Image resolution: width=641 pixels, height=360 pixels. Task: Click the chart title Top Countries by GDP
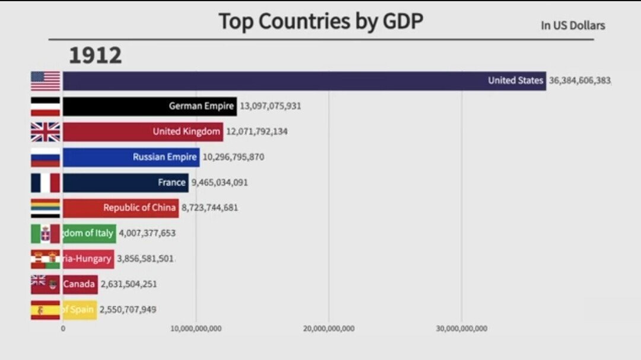click(320, 21)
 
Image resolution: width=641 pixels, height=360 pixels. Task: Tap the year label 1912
click(96, 56)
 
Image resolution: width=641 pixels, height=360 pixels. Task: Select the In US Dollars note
click(572, 26)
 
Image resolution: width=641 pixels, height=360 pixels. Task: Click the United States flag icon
click(46, 81)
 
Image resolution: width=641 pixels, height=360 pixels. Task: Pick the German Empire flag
click(46, 106)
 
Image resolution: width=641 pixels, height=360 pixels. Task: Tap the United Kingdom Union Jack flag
click(46, 132)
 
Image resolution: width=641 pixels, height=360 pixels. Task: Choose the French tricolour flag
click(46, 183)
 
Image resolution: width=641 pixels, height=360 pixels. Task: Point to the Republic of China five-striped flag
click(46, 208)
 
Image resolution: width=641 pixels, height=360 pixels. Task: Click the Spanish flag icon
click(46, 310)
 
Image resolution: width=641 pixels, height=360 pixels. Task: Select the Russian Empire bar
click(131, 157)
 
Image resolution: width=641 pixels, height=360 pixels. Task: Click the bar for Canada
click(80, 284)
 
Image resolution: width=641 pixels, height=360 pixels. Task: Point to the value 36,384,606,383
click(579, 81)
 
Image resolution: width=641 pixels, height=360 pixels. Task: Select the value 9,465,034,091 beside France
click(220, 183)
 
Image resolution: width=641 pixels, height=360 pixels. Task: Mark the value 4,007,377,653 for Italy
click(147, 234)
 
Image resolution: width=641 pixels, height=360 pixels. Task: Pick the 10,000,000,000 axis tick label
click(196, 329)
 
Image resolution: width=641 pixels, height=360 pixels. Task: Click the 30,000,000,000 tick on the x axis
click(462, 329)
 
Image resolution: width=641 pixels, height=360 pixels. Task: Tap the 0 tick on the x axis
click(63, 329)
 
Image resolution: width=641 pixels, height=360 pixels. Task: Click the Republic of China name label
click(139, 208)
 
